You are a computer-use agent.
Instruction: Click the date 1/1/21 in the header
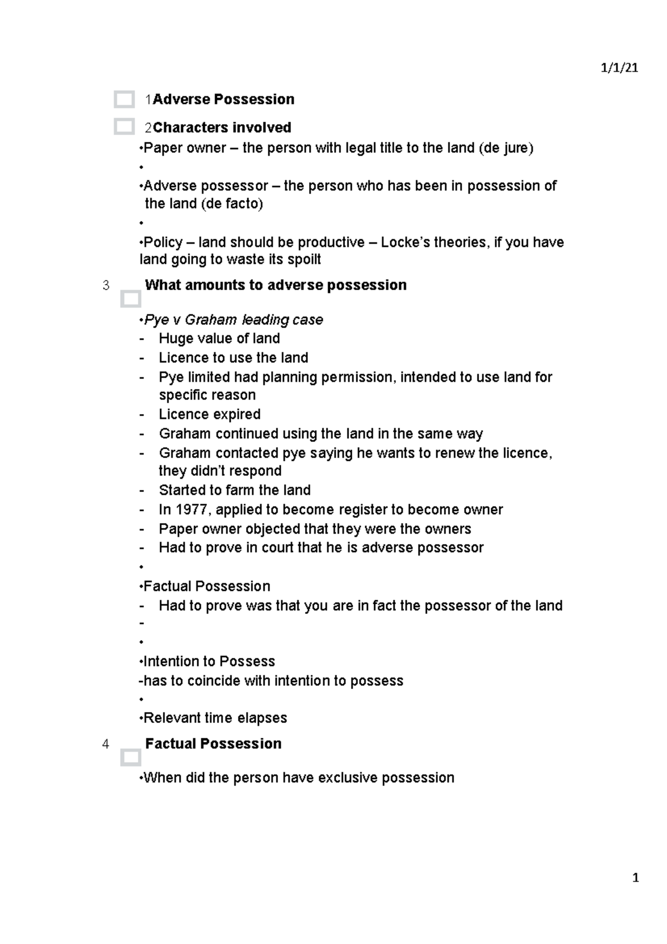click(x=619, y=68)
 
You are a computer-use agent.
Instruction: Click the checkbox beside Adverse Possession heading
click(x=124, y=100)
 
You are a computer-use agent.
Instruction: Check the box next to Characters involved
click(x=124, y=127)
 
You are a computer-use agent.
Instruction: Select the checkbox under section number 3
click(x=131, y=299)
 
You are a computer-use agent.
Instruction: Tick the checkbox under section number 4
click(x=131, y=757)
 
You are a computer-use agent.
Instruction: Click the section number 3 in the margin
click(x=106, y=286)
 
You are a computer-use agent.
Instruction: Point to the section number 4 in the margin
click(x=106, y=744)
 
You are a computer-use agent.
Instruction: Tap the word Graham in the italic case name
click(x=210, y=320)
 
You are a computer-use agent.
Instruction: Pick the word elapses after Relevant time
click(x=262, y=718)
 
